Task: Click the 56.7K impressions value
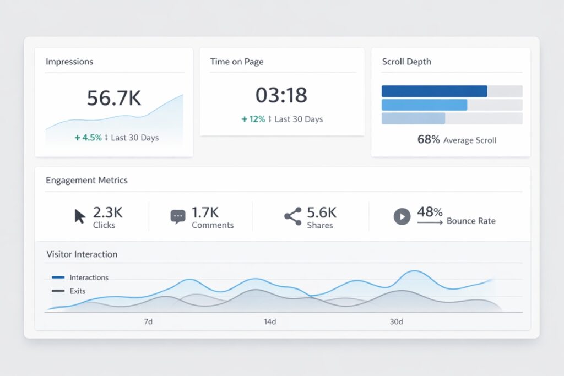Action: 114,98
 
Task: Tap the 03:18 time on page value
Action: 281,95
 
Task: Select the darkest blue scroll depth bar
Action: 434,91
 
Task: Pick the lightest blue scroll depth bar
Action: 413,118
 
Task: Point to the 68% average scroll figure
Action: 429,140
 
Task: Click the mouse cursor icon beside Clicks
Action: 80,216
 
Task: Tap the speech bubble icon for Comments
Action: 177,217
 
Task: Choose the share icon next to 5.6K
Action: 292,216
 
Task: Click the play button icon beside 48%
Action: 402,216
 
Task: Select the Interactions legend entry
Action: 88,277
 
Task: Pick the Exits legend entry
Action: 77,291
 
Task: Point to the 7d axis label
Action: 148,322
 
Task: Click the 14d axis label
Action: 270,322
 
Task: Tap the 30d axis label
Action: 396,322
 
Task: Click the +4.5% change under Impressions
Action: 88,138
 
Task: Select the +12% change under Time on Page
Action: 253,119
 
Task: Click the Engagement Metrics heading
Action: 86,180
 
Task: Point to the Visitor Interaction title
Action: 82,254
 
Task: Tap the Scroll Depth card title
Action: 406,62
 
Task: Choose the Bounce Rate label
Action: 471,221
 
